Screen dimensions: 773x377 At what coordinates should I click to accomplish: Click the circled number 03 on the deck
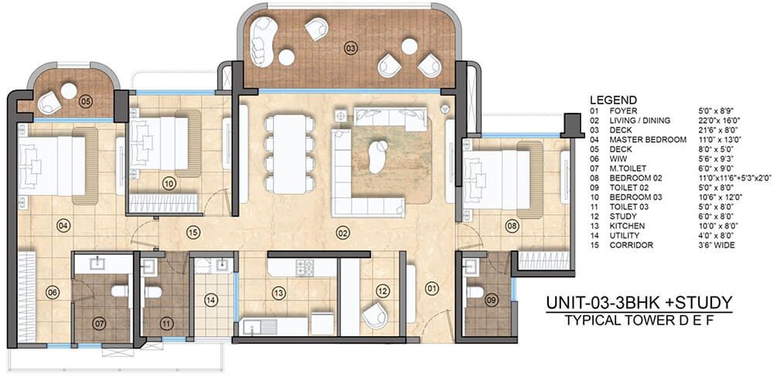(x=350, y=49)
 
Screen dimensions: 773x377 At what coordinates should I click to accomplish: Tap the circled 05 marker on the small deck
(x=86, y=102)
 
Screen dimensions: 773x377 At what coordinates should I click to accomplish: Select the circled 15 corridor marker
(x=192, y=231)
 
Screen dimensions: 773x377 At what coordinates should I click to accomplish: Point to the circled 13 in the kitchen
(x=279, y=294)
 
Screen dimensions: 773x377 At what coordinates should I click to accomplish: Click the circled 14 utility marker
(x=211, y=300)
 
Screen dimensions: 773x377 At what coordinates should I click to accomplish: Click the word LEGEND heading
(x=613, y=100)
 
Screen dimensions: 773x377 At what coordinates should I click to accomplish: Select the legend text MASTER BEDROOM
(x=647, y=140)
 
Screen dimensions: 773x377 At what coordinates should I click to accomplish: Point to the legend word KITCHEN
(x=626, y=226)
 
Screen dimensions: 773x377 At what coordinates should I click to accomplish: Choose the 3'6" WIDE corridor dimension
(x=713, y=245)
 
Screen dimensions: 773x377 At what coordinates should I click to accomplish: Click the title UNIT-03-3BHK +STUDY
(x=639, y=303)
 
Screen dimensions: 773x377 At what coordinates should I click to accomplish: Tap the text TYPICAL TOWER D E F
(x=639, y=321)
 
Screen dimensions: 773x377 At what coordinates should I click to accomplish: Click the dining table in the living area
(x=290, y=154)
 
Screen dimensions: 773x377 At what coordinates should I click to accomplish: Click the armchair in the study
(x=375, y=315)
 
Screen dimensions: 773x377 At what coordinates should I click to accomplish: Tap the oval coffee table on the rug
(x=378, y=157)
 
